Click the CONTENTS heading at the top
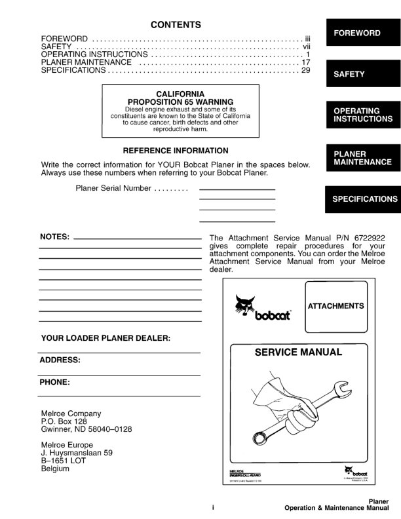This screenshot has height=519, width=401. [x=176, y=25]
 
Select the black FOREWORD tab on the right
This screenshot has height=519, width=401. [x=362, y=33]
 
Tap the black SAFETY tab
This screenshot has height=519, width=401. [x=362, y=74]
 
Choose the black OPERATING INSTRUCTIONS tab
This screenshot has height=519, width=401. [x=362, y=115]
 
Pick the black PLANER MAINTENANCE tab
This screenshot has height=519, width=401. [x=362, y=158]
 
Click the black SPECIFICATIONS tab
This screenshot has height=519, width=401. [x=362, y=199]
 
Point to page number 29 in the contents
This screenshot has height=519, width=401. [x=305, y=70]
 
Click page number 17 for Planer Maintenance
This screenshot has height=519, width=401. [x=305, y=62]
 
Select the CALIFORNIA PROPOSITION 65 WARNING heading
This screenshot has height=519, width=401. [x=180, y=98]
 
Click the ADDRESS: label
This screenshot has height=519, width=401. [x=60, y=360]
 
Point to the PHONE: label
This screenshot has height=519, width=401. [x=55, y=381]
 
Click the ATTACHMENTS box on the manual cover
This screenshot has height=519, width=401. [x=335, y=306]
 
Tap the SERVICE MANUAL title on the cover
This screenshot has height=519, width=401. [x=298, y=353]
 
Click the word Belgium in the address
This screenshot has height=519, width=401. [x=55, y=469]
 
